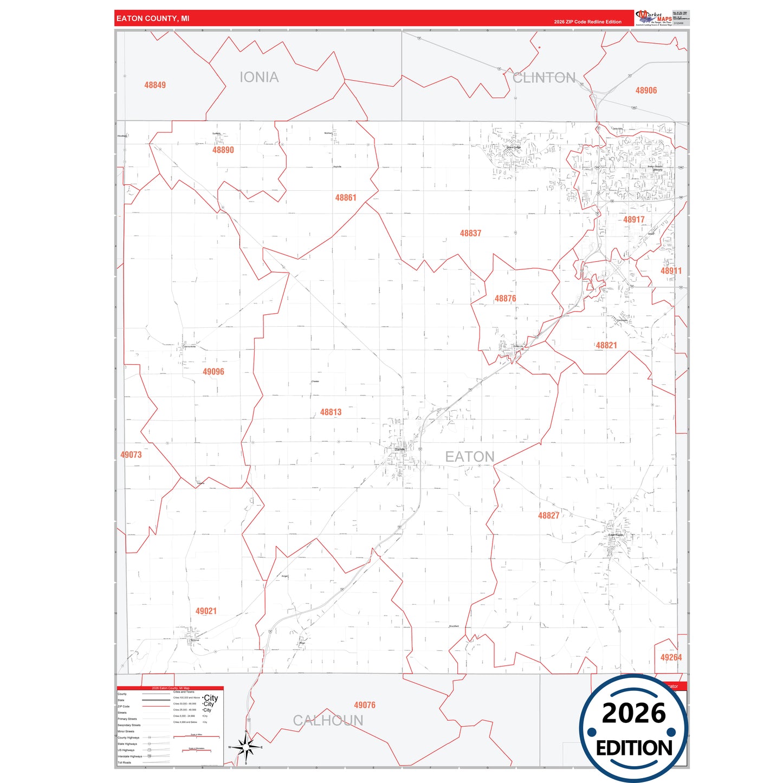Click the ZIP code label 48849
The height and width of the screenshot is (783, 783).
coord(155,85)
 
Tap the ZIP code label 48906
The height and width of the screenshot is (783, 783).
coord(646,90)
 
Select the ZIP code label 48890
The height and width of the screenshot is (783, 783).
coord(223,150)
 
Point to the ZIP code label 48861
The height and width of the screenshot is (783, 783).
coord(346,198)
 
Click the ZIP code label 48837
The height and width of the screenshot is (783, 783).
coord(470,233)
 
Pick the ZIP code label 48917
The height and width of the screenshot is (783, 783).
coord(633,219)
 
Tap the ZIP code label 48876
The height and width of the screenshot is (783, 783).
coord(505,299)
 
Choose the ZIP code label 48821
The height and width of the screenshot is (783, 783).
coord(606,345)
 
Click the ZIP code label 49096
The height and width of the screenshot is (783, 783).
coord(213,372)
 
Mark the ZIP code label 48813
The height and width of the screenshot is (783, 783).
coord(331,412)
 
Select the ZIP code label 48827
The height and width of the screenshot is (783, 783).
coord(548,516)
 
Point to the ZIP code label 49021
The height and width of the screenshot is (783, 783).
coord(206,611)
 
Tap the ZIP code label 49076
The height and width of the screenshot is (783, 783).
coord(365,705)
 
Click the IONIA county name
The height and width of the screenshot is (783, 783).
coord(259,77)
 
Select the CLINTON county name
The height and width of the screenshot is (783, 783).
coord(544,78)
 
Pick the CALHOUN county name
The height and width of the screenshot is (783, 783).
coord(328,721)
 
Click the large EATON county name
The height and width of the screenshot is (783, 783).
coord(470,457)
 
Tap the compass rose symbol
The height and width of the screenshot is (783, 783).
coord(247,748)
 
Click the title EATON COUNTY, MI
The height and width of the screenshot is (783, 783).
coord(153,18)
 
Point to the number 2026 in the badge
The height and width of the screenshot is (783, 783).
coord(633,713)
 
